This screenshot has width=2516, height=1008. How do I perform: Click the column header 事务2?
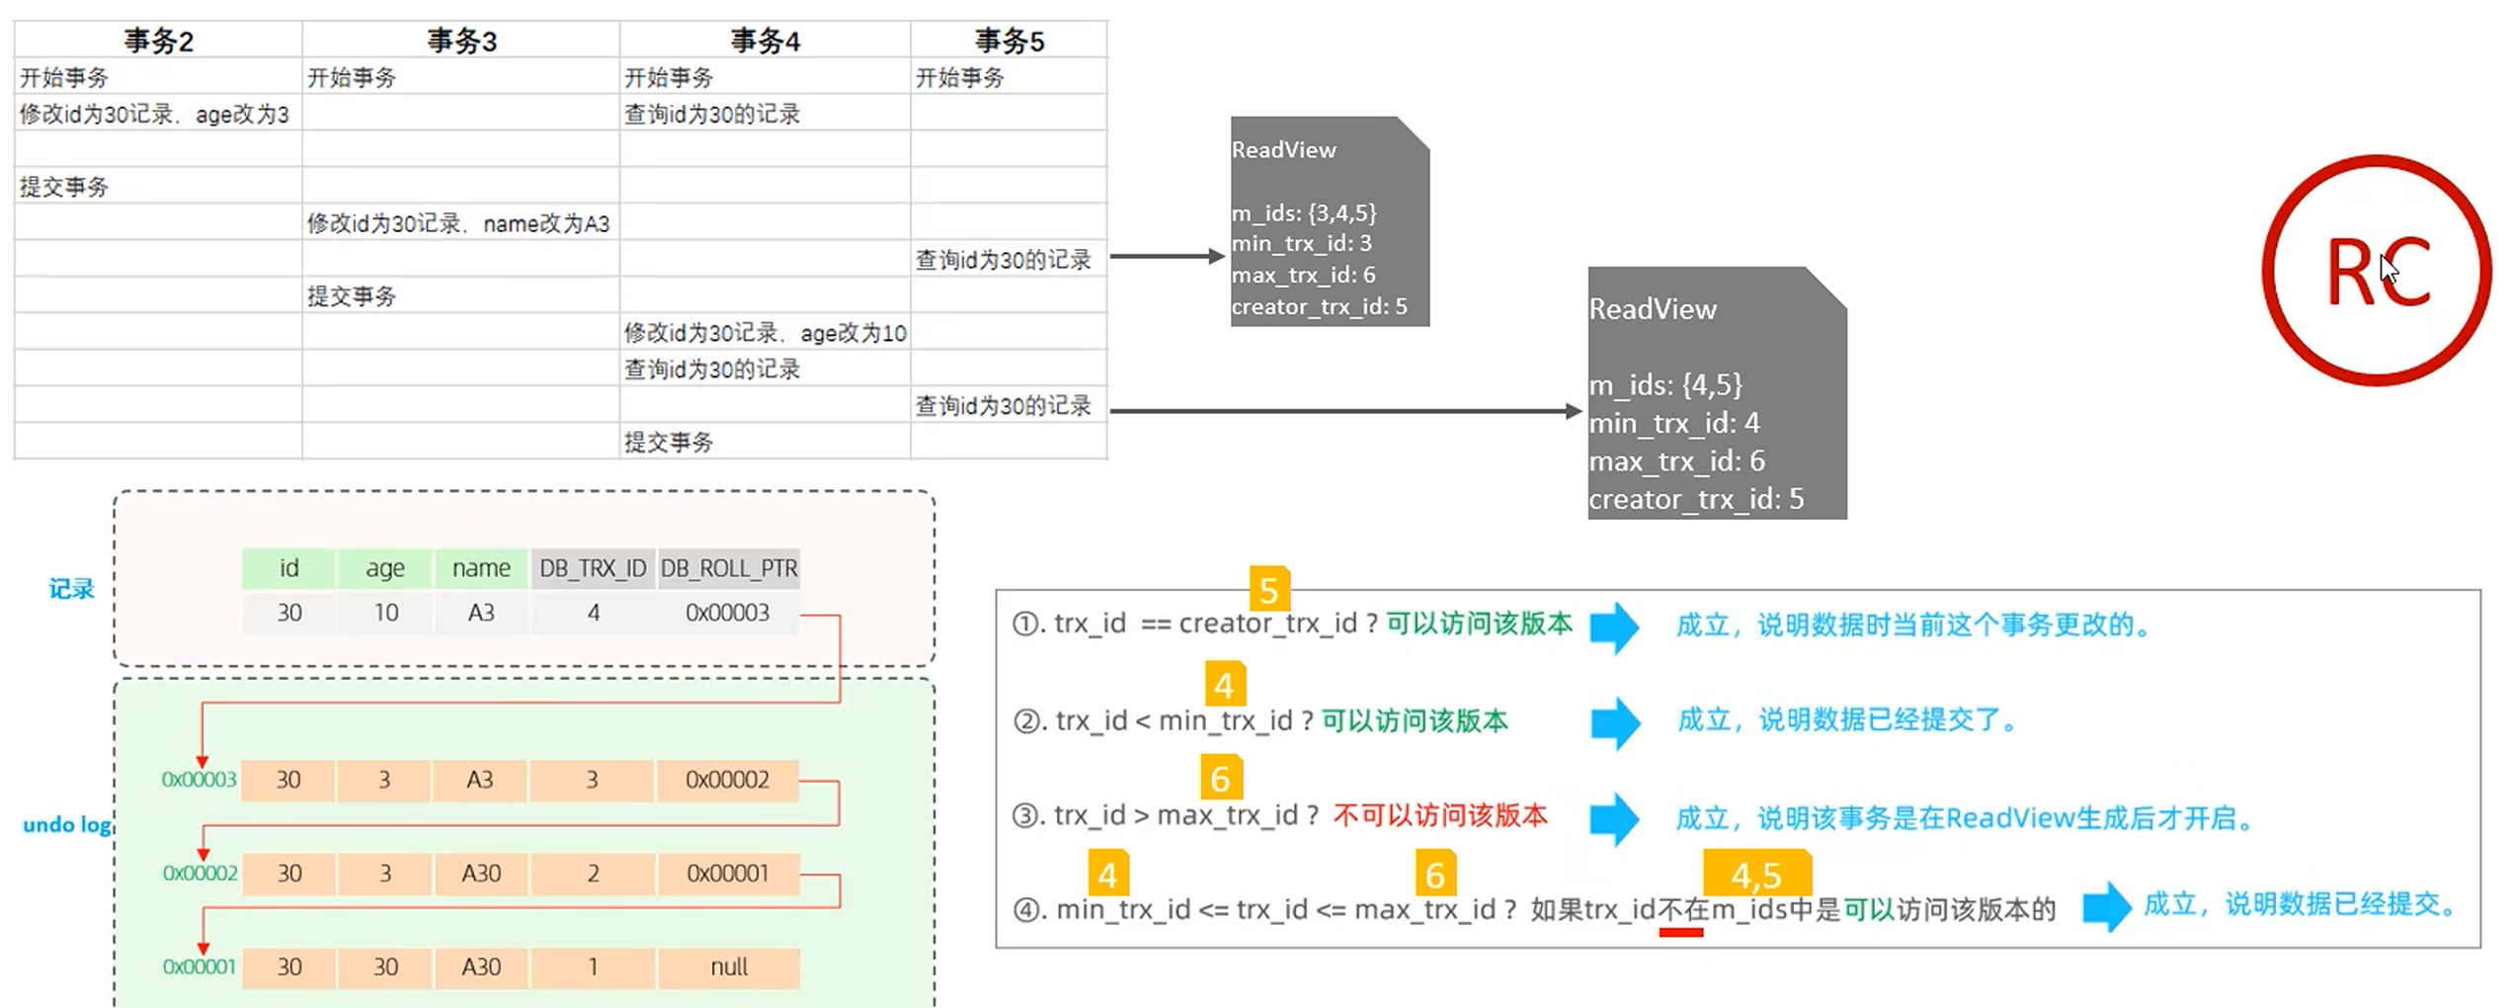click(158, 41)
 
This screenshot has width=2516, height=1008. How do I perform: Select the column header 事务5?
click(1009, 41)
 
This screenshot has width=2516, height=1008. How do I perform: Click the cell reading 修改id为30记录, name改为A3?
click(458, 223)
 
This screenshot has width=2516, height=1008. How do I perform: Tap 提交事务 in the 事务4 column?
click(669, 442)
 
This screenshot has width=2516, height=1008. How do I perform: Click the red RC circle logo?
click(2377, 270)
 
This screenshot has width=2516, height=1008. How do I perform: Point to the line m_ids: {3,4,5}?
click(1303, 212)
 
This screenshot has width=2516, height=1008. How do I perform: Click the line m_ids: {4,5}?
click(1665, 384)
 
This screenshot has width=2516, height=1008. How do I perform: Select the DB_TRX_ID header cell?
click(593, 568)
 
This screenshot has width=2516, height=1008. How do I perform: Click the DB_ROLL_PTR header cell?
click(729, 568)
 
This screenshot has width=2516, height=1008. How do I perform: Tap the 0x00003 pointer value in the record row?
click(727, 613)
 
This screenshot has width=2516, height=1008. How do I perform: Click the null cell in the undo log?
click(729, 966)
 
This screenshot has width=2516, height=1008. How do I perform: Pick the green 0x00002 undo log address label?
click(200, 874)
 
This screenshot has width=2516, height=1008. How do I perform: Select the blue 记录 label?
click(71, 589)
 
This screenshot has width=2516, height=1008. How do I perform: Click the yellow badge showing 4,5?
click(1756, 875)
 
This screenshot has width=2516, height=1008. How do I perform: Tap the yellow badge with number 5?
click(1269, 590)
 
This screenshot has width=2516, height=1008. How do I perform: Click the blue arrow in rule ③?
click(1614, 818)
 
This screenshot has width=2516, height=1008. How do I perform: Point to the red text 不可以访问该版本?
click(1440, 815)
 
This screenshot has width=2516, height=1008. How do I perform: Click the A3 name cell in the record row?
click(481, 613)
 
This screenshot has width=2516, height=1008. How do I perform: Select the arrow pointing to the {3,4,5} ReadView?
click(1167, 256)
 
